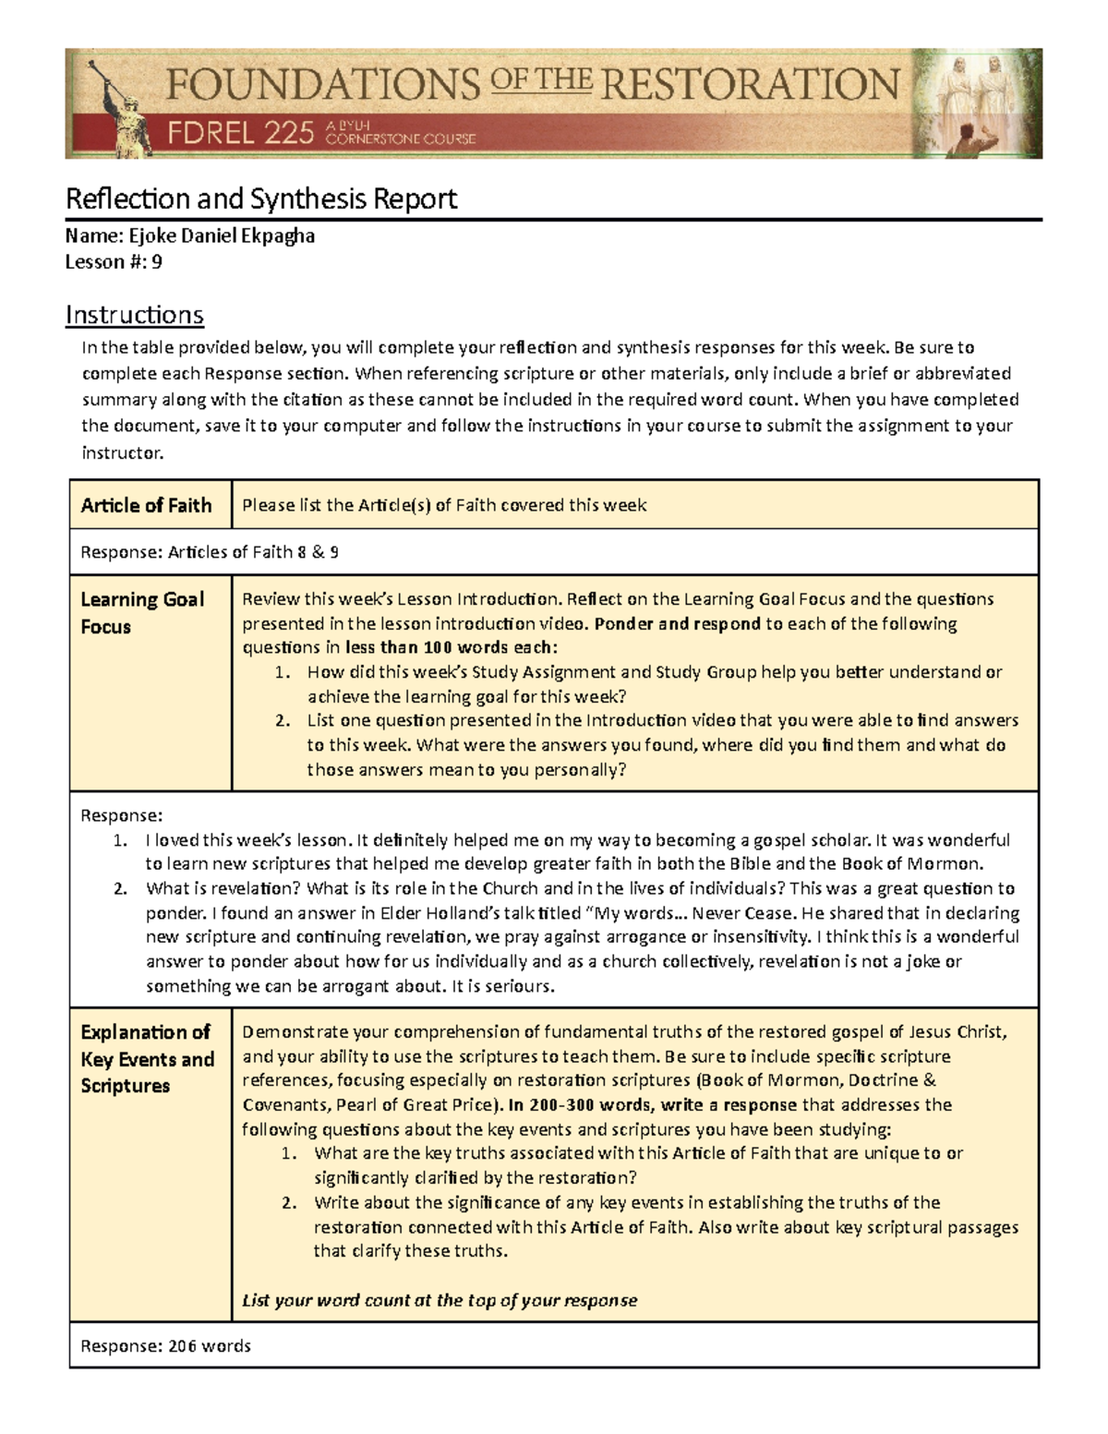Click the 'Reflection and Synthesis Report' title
261,199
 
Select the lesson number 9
157,261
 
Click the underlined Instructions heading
134,315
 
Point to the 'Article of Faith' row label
146,505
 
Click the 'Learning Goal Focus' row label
142,612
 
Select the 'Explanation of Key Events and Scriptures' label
147,1058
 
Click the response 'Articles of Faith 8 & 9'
253,552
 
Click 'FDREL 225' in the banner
241,135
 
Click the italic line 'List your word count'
440,1300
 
